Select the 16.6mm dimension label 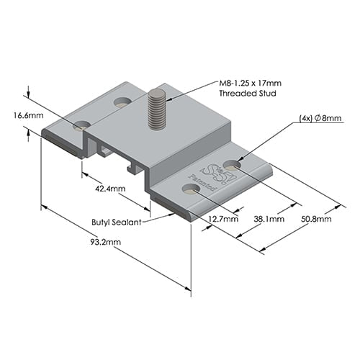(x=27, y=114)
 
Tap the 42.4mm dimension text (x=109, y=189)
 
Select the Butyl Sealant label (x=115, y=223)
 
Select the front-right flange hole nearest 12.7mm (x=191, y=190)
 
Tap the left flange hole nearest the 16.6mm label (x=81, y=125)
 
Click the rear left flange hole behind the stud (x=122, y=102)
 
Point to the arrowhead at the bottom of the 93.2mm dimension (x=190, y=289)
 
